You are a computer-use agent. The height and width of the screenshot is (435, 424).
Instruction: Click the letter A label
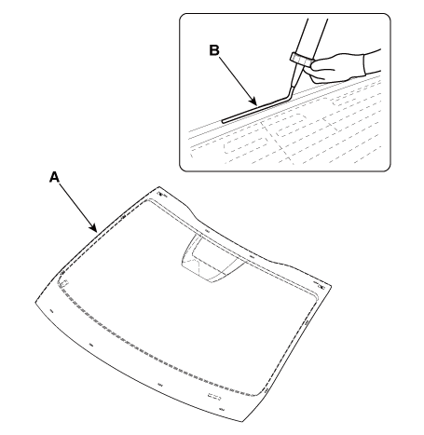[x=54, y=177]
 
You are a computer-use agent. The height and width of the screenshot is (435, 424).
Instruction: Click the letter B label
[x=214, y=50]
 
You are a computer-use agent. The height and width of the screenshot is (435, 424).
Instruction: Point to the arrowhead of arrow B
[x=254, y=102]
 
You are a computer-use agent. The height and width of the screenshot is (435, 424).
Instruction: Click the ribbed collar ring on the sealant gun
[x=302, y=60]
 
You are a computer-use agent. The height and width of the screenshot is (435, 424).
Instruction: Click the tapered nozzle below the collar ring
[x=297, y=75]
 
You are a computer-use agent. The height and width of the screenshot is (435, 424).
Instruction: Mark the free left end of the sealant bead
[x=223, y=121]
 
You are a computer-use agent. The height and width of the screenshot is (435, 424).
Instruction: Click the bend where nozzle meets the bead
[x=291, y=95]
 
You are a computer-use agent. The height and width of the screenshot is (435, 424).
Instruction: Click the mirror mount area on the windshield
[x=212, y=258]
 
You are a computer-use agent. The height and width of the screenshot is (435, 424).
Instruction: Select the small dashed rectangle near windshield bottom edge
[x=213, y=397]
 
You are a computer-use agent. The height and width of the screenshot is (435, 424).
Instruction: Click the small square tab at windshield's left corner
[x=65, y=283]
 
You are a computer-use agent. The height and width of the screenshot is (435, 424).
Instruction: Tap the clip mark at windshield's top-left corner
[x=160, y=195]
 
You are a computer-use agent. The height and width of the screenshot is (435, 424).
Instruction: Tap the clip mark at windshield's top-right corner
[x=321, y=286]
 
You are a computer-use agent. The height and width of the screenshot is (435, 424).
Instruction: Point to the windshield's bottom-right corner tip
[x=242, y=422]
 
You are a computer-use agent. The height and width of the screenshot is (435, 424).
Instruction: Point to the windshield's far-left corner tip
[x=35, y=301]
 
